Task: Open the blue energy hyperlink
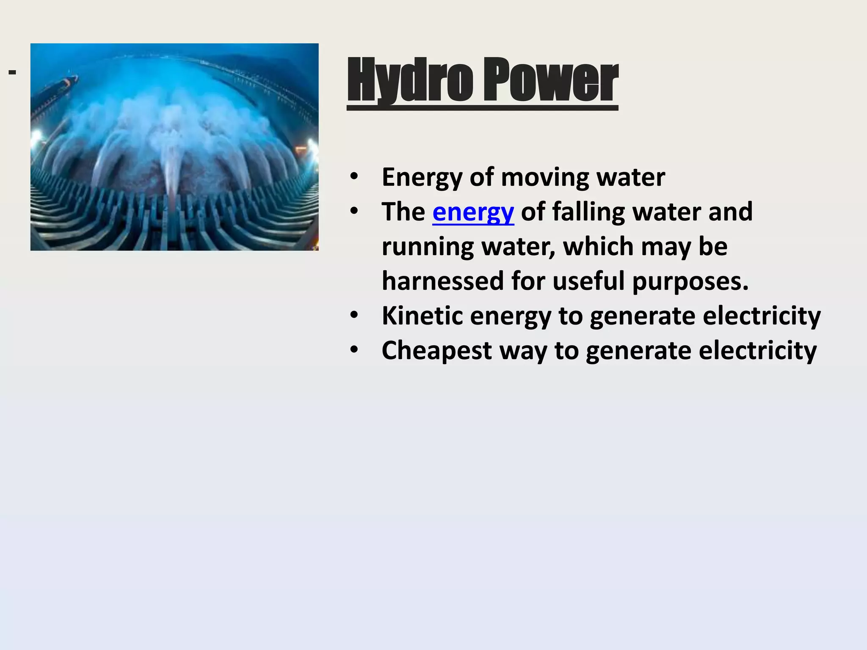[473, 212]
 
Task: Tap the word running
[428, 247]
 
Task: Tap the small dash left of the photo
[12, 72]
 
